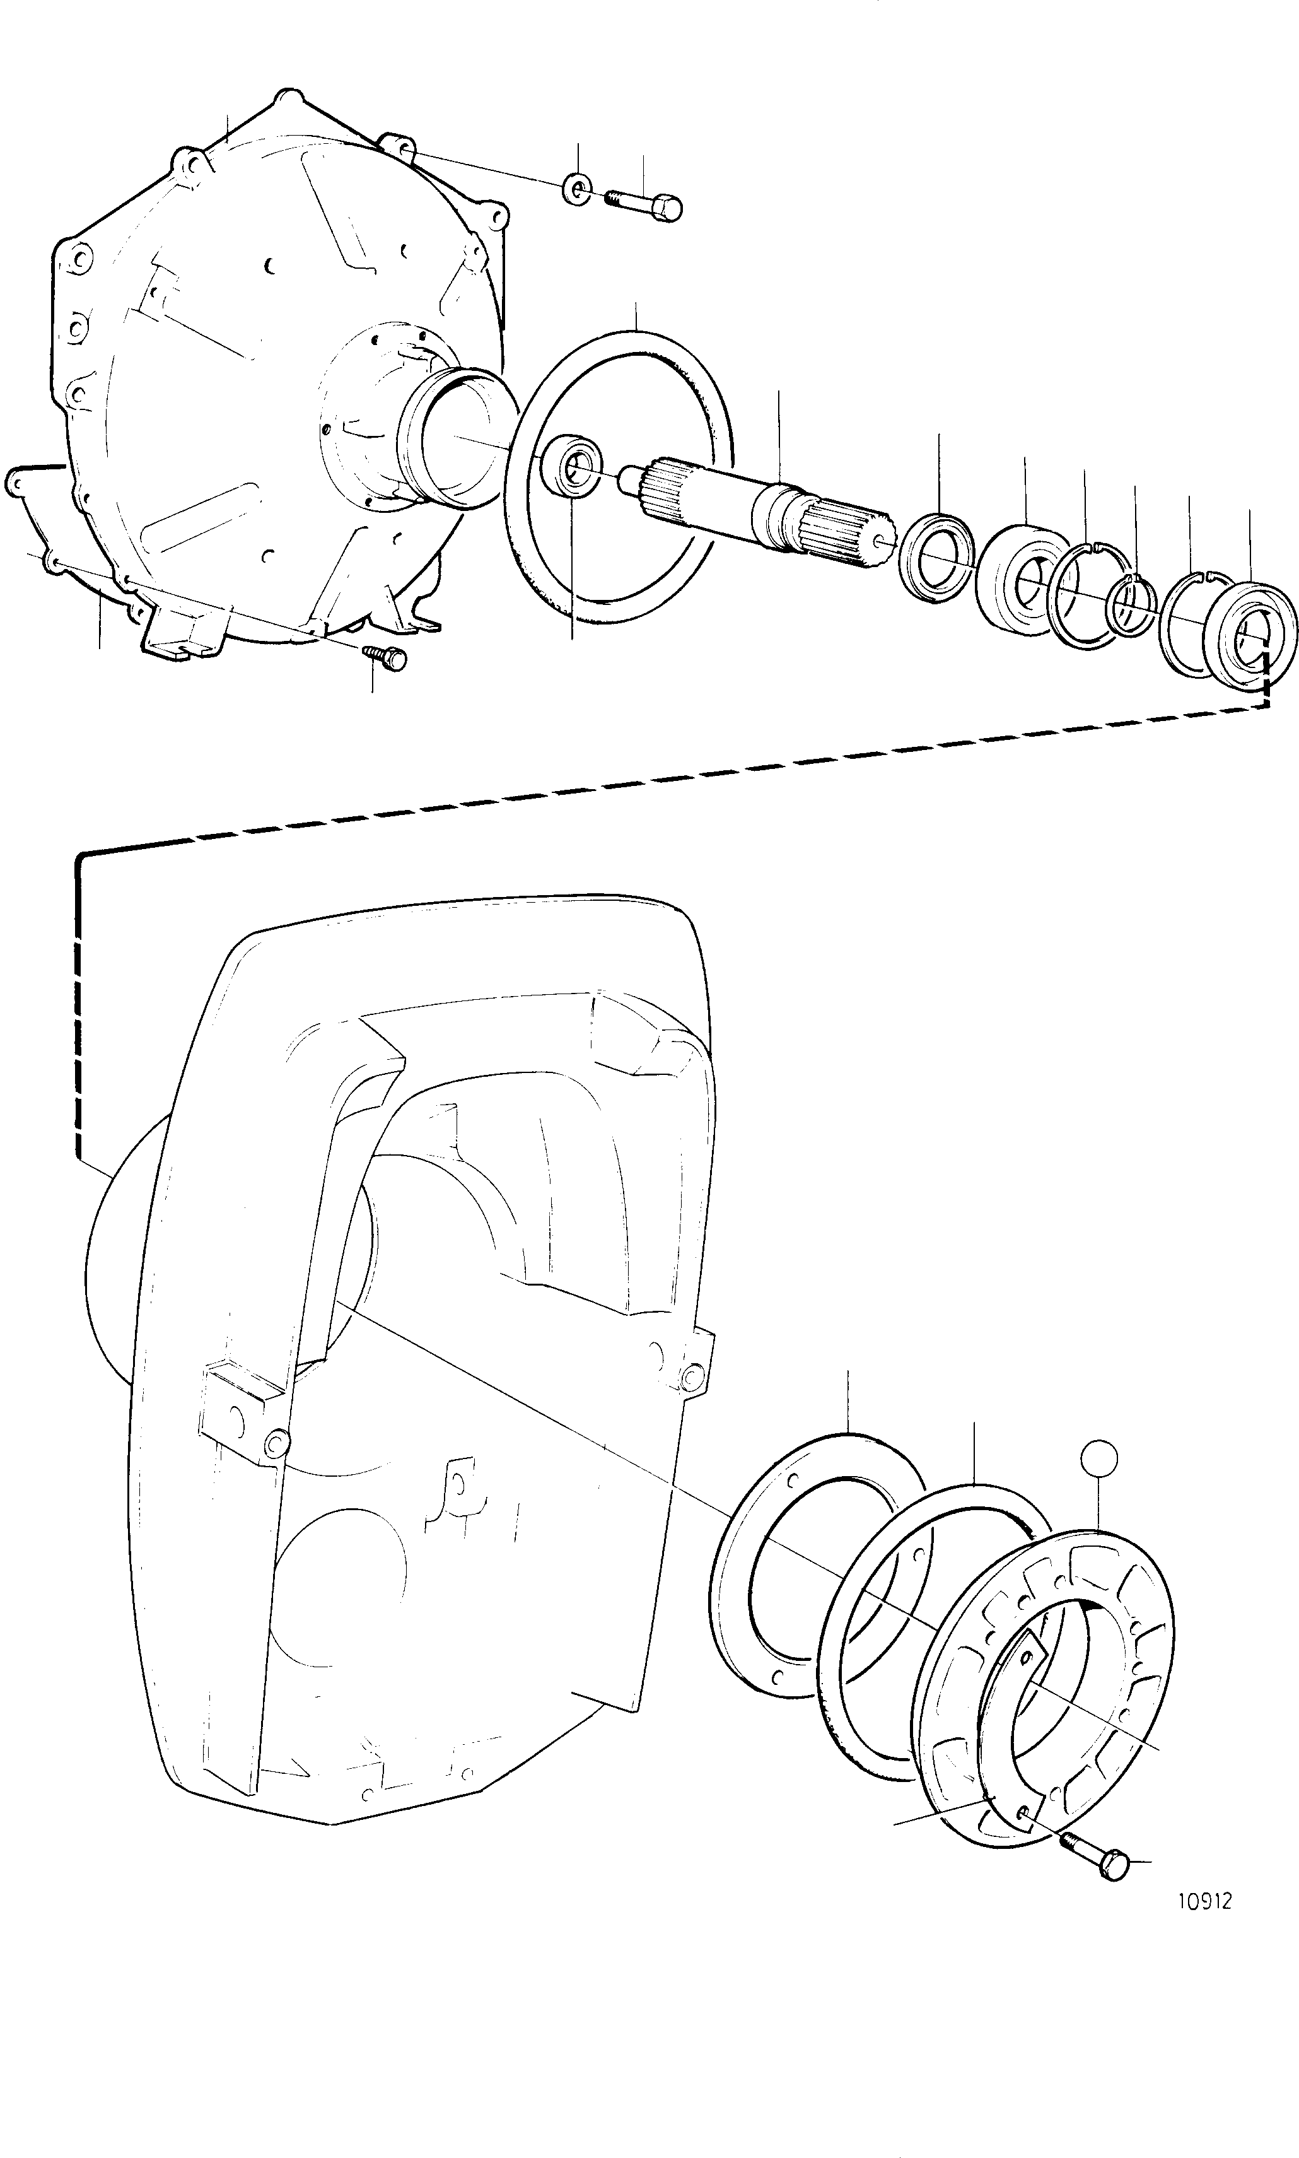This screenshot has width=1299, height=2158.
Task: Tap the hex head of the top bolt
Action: pyautogui.click(x=670, y=208)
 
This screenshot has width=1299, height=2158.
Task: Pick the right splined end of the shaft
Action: pyautogui.click(x=848, y=534)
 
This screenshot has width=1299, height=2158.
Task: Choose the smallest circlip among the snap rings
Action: pyautogui.click(x=1132, y=604)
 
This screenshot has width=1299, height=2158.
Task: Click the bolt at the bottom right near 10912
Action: pyautogui.click(x=1094, y=1858)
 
